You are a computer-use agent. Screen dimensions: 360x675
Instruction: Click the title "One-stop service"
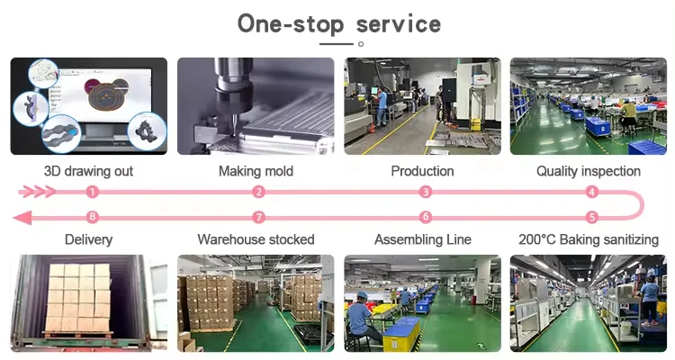338,22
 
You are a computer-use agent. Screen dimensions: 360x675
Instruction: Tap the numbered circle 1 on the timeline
92,192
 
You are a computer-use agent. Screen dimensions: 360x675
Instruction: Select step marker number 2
258,192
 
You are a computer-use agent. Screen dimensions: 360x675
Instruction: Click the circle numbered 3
426,192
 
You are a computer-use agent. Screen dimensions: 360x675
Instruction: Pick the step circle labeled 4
591,192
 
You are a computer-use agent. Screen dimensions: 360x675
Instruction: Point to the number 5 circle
591,217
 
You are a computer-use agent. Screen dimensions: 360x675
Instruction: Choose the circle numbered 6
426,217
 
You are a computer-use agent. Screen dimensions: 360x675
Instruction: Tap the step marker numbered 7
258,217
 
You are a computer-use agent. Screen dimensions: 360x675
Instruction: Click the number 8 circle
92,217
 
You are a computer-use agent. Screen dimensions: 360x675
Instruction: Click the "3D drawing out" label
88,170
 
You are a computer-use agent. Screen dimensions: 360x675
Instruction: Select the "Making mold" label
256,170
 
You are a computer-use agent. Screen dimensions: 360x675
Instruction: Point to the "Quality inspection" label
589,170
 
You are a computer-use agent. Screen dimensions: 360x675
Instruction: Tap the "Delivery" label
88,239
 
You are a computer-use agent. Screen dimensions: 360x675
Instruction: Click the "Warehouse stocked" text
256,239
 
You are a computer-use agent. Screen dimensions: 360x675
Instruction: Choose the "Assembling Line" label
423,239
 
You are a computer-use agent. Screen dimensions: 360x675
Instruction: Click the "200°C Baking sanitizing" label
589,239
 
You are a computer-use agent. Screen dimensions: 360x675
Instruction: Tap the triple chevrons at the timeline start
37,192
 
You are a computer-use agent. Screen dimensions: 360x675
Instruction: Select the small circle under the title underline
361,43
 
